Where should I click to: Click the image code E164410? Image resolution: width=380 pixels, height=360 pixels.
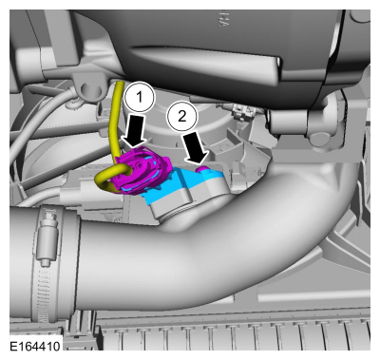35,348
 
